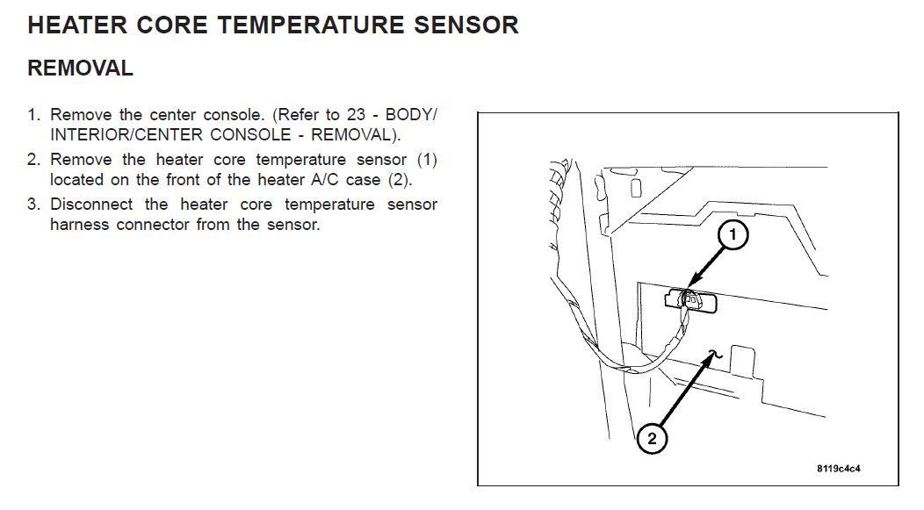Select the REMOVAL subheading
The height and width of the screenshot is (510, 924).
point(80,68)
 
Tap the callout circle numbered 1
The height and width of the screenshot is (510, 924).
point(733,235)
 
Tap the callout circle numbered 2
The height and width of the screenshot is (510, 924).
point(652,438)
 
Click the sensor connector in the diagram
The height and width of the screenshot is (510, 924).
point(690,299)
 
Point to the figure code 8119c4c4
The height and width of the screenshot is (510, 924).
point(844,468)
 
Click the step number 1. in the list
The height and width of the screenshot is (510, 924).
point(34,115)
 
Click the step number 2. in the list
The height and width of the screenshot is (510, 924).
point(34,160)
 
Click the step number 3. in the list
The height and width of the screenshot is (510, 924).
point(34,205)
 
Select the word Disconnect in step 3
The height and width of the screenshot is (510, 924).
point(90,205)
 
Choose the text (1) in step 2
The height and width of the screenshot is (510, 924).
point(426,160)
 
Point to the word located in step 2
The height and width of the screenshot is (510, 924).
point(80,179)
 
